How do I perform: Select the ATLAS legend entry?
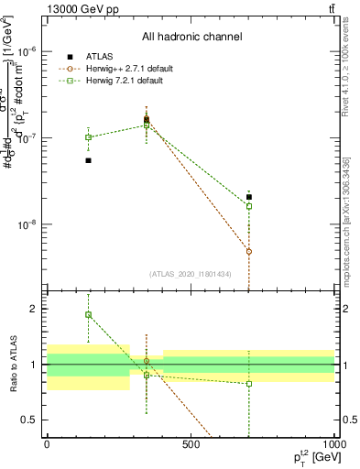pyautogui.click(x=99, y=57)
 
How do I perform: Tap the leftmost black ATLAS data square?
pyautogui.click(x=89, y=160)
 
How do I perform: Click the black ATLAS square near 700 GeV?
pyautogui.click(x=249, y=197)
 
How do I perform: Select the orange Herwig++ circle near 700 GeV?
pyautogui.click(x=249, y=251)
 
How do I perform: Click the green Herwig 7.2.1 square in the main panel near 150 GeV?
pyautogui.click(x=89, y=137)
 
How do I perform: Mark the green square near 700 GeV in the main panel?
pyautogui.click(x=249, y=206)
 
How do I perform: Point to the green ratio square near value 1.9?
pyautogui.click(x=89, y=314)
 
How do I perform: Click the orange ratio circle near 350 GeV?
pyautogui.click(x=147, y=361)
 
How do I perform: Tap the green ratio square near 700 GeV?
pyautogui.click(x=249, y=384)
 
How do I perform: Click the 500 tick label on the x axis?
pyautogui.click(x=191, y=444)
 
